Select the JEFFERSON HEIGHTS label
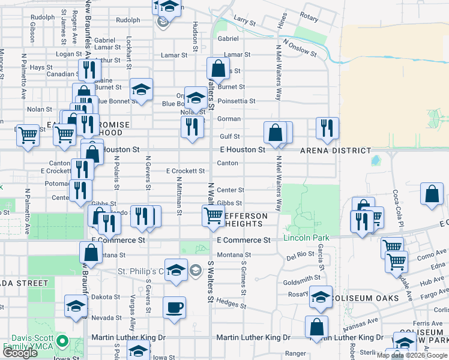(x=244, y=220)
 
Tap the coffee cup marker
(x=174, y=307)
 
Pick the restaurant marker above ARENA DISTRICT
(x=327, y=127)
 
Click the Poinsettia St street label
(x=237, y=101)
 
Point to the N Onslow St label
(x=300, y=48)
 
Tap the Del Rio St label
(x=300, y=257)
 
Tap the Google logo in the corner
(x=19, y=353)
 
